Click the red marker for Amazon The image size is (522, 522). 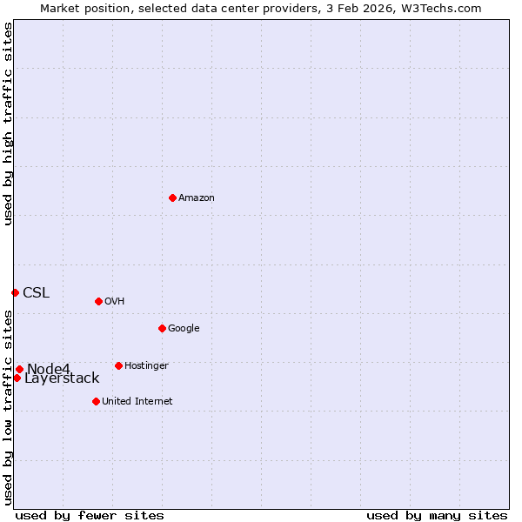[x=172, y=197]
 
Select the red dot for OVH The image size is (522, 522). [x=98, y=301]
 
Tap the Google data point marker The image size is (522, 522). [x=162, y=328]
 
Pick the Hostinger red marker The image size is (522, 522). [x=118, y=365]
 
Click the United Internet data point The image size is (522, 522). [x=96, y=401]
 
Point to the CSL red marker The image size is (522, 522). [x=15, y=292]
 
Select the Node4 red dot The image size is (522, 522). [x=19, y=369]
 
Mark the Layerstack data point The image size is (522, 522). [x=17, y=378]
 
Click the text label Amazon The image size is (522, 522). [x=197, y=198]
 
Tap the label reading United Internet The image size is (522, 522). [x=137, y=402]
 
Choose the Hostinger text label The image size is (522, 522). [x=146, y=366]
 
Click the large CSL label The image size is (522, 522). [x=36, y=292]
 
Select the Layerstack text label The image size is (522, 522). [x=62, y=378]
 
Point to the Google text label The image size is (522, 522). [x=184, y=329]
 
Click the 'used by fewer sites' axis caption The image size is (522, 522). [x=90, y=515]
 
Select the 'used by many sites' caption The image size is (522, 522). [x=437, y=515]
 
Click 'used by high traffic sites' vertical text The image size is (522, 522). [x=8, y=124]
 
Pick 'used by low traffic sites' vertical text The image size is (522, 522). [x=8, y=407]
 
